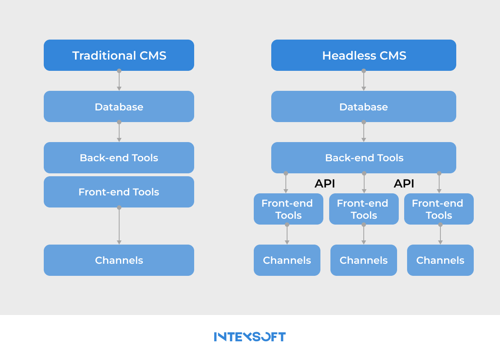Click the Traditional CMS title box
(119, 55)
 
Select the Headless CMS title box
(363, 55)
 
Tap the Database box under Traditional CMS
(119, 107)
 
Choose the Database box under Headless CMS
(363, 107)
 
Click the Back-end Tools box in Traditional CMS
(119, 158)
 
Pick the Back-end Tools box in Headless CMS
(363, 158)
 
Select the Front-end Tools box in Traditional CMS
(119, 192)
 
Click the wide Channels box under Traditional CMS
(119, 260)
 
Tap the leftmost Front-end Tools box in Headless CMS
(288, 209)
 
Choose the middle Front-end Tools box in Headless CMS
(364, 209)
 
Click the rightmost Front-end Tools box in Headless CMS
(439, 209)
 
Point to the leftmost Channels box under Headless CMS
(287, 260)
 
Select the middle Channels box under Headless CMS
(364, 260)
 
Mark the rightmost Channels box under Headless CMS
(440, 260)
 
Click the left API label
(325, 184)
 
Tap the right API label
(404, 184)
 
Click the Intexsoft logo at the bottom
(250, 337)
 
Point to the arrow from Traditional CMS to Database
(119, 81)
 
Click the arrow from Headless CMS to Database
(364, 81)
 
